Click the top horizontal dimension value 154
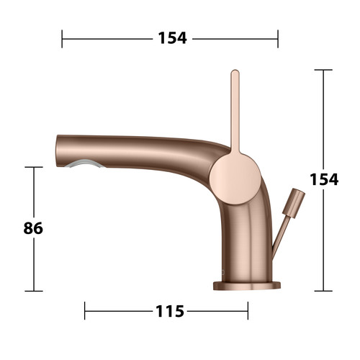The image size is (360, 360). [x=172, y=38]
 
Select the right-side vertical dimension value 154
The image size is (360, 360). [x=324, y=179]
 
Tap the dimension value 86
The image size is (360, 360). [x=33, y=228]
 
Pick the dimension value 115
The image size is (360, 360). [x=170, y=311]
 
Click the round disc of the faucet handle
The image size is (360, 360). [x=235, y=179]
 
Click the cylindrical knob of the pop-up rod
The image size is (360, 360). [x=294, y=203]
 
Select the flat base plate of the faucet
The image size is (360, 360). [x=247, y=286]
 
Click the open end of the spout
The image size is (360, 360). [x=58, y=150]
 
